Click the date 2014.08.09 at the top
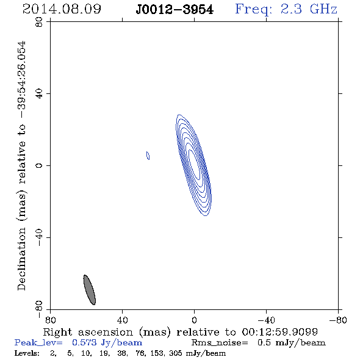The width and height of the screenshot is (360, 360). pyautogui.click(x=62, y=9)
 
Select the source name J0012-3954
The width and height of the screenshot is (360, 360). pyautogui.click(x=175, y=10)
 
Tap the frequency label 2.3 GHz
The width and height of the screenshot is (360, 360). pyautogui.click(x=309, y=9)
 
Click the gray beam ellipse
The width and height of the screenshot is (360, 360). pyautogui.click(x=90, y=290)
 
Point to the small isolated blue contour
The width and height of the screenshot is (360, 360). pyautogui.click(x=148, y=156)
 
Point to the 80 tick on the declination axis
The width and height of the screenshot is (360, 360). pyautogui.click(x=39, y=22)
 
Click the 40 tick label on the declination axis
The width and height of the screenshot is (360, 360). pyautogui.click(x=39, y=94)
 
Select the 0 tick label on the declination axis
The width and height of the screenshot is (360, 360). pyautogui.click(x=39, y=165)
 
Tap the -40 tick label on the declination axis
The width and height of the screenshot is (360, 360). pyautogui.click(x=39, y=237)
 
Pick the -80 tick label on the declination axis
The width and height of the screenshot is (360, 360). pyautogui.click(x=39, y=309)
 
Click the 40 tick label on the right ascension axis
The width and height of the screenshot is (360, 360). pyautogui.click(x=122, y=320)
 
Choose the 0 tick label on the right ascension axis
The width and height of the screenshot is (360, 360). pyautogui.click(x=194, y=320)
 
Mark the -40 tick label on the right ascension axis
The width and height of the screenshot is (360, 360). pyautogui.click(x=266, y=320)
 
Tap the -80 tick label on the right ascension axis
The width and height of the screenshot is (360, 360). pyautogui.click(x=338, y=320)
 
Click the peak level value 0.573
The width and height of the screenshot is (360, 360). pyautogui.click(x=84, y=342)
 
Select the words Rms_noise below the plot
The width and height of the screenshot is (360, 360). pyautogui.click(x=220, y=343)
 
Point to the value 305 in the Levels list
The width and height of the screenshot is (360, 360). pyautogui.click(x=176, y=353)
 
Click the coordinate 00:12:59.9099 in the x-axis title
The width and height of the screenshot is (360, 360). pyautogui.click(x=279, y=332)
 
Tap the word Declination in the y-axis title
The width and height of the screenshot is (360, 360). pyautogui.click(x=21, y=259)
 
